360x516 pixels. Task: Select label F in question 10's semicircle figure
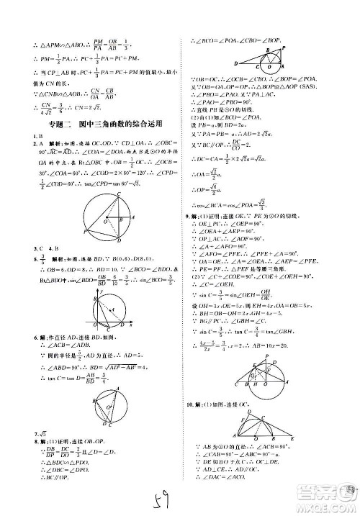[225, 412]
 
